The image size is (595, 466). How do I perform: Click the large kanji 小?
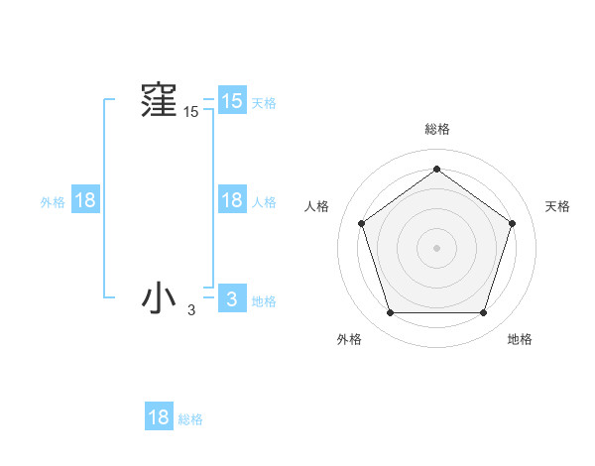(159, 297)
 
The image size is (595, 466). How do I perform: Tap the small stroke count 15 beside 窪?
(190, 113)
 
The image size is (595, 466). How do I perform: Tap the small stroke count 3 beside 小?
(191, 310)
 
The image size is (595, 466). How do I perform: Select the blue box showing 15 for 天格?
(231, 100)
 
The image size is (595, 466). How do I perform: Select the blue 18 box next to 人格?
(231, 200)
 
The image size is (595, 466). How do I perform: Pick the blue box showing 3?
(231, 298)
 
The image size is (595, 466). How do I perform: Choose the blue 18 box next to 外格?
(85, 200)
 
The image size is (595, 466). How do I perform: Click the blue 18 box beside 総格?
(159, 417)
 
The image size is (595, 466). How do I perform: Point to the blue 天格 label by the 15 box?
(264, 103)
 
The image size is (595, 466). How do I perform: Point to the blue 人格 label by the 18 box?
(264, 202)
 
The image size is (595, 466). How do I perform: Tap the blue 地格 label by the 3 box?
(264, 301)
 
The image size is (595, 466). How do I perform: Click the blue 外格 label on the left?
(53, 202)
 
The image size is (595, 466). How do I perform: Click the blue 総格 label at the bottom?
(190, 420)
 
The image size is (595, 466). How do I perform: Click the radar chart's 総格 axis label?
(436, 129)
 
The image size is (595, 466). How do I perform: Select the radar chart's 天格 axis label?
(557, 206)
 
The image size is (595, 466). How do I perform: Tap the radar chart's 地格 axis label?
(520, 339)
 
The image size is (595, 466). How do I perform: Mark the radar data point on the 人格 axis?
(361, 223)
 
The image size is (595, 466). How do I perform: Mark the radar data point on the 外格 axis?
(390, 313)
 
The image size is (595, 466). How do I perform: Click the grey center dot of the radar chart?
(436, 247)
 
